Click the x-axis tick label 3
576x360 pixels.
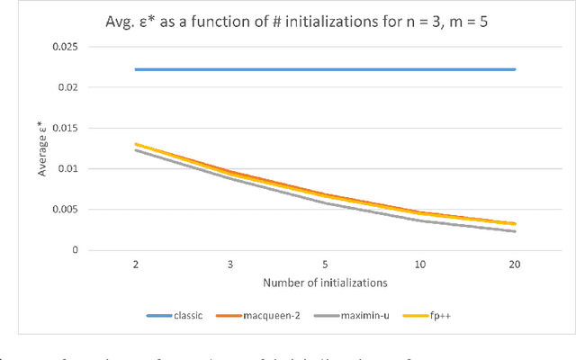(231, 266)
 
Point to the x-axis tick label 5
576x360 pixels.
(326, 266)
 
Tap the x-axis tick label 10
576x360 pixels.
(419, 266)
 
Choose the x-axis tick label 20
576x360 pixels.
(514, 266)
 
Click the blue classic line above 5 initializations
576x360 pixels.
(326, 69)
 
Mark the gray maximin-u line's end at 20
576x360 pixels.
(514, 231)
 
